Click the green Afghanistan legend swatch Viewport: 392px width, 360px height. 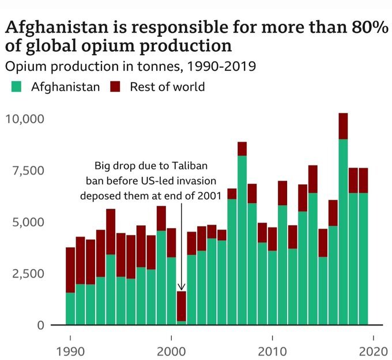[16, 88]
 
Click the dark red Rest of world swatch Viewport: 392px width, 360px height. [115, 88]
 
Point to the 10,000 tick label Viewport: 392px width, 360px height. [24, 119]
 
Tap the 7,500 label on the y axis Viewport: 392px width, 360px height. [28, 170]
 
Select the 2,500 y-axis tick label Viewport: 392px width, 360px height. [28, 273]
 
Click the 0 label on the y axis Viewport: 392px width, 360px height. [39, 324]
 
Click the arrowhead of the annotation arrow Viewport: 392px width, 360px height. [181, 287]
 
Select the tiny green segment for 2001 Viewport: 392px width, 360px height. [181, 323]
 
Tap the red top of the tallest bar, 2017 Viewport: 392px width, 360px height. [343, 126]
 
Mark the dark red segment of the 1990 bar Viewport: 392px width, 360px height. [70, 270]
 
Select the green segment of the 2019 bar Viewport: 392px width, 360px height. [363, 259]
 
